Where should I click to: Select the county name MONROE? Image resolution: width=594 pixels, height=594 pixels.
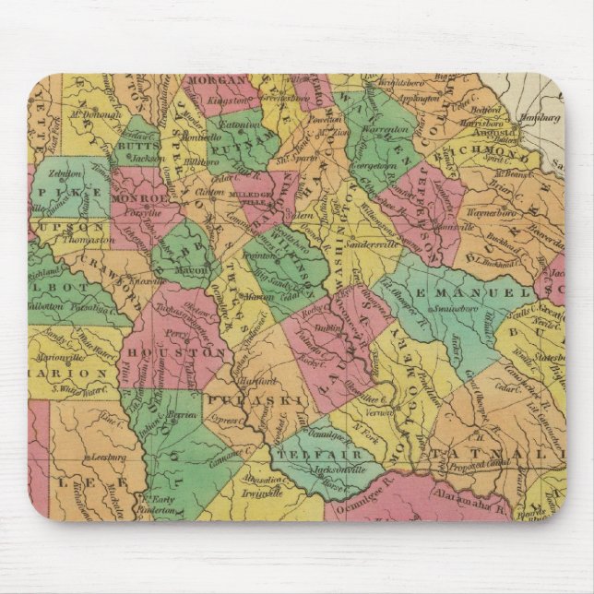tap(137, 198)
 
